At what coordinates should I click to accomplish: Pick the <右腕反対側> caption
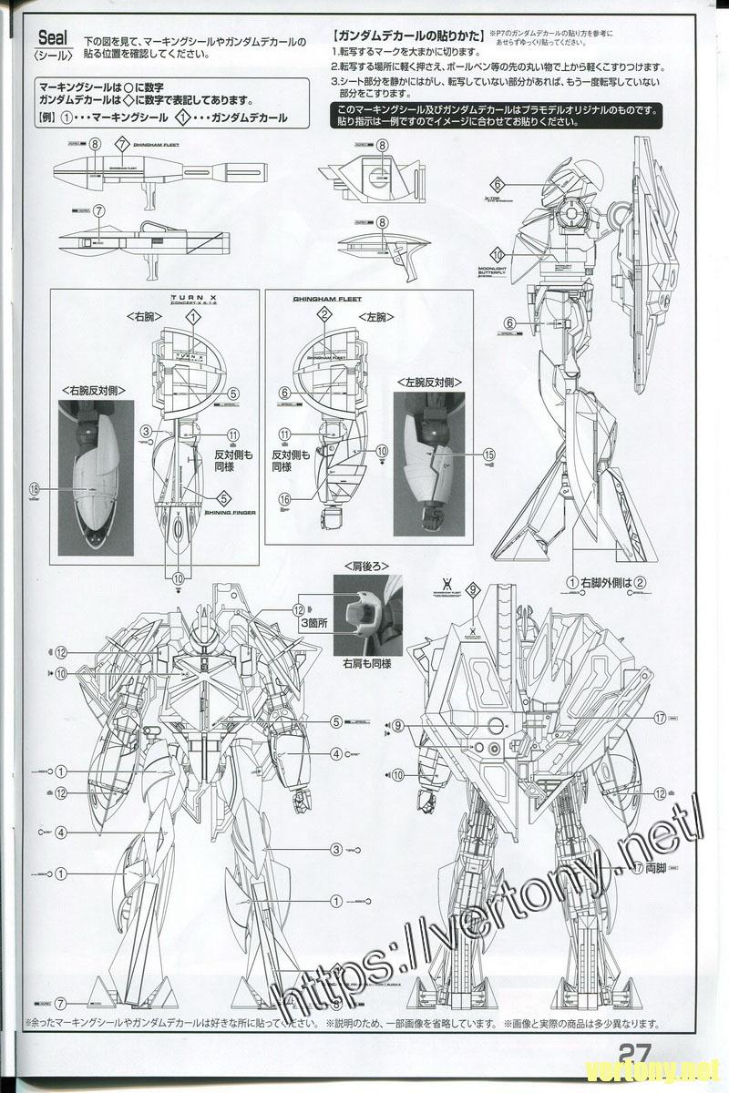95,390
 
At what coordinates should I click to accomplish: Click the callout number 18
36,489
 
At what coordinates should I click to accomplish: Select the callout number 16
286,499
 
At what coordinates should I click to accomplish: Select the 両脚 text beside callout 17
654,869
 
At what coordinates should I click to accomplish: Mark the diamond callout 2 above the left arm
323,315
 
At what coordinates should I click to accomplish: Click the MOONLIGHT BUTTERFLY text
497,271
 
